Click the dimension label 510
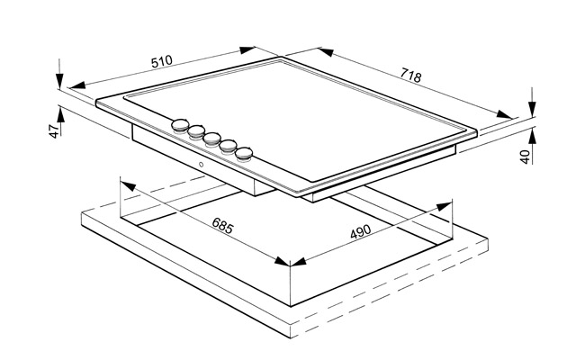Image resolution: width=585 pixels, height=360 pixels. point(162,61)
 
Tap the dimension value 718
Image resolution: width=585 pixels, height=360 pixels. point(410,75)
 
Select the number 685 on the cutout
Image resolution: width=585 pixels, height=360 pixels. point(222,225)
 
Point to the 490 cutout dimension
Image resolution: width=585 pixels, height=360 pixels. point(361,231)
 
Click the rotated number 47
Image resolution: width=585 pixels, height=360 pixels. point(55,130)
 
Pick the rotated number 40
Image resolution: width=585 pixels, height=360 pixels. point(526,157)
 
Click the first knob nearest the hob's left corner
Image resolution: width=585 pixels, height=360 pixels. point(180,125)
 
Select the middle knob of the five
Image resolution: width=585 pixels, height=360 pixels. point(211,139)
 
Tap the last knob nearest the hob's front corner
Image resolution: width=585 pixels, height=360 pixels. point(244,153)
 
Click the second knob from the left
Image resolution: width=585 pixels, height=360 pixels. point(196,131)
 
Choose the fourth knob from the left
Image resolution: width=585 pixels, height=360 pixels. point(228,146)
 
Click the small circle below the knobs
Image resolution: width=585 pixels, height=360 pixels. point(201,164)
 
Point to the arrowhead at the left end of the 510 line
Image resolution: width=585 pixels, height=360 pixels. point(76,85)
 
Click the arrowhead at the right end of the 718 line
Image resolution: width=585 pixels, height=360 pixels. point(504,114)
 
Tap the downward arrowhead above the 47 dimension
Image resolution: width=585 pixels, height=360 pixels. point(59,81)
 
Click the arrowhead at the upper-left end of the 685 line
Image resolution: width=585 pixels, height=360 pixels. point(128,185)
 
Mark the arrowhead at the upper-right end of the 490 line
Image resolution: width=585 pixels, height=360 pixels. point(444,206)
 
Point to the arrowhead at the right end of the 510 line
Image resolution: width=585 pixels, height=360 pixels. point(247,50)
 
